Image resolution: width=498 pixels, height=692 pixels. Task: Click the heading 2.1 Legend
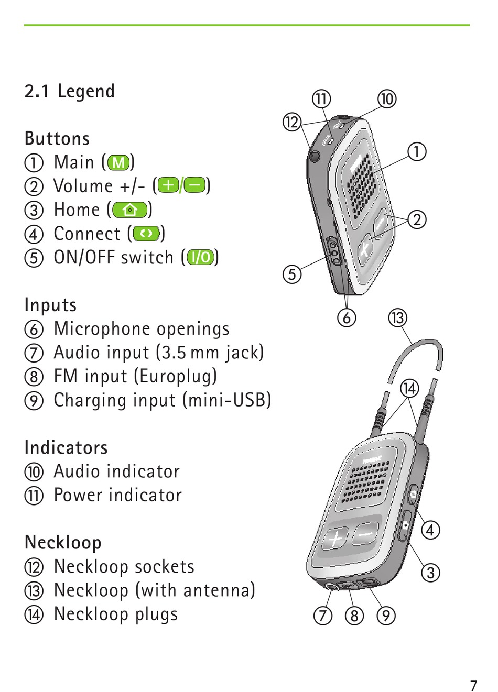[70, 91]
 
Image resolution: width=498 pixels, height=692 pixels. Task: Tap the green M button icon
[118, 162]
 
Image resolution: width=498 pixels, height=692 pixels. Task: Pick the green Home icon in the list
[129, 210]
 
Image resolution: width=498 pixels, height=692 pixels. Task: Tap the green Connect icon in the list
[146, 234]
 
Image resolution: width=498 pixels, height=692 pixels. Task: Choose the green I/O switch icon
[201, 257]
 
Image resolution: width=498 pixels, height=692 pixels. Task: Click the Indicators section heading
[66, 448]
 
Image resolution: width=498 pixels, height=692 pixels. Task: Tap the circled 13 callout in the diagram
[398, 318]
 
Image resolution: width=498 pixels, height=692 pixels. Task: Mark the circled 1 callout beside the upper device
[417, 152]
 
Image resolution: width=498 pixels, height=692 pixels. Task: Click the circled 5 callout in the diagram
[292, 274]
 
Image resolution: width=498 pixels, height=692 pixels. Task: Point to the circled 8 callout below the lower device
[354, 616]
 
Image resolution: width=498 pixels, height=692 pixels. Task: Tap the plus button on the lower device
[334, 538]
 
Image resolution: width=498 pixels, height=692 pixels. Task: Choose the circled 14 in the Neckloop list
[34, 614]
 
